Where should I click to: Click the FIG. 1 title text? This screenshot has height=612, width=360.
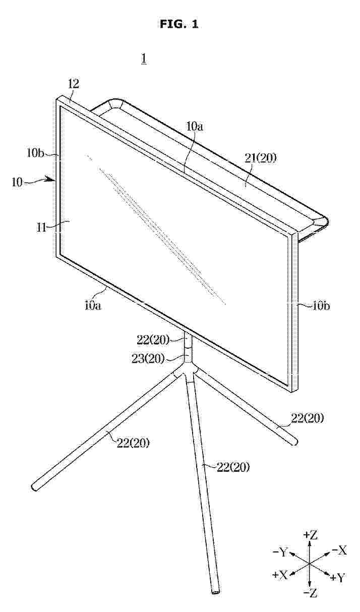[x=179, y=24]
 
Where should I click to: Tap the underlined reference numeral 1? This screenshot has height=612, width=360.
[x=144, y=59]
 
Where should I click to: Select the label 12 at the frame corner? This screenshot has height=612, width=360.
[x=74, y=84]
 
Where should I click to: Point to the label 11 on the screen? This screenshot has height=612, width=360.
[x=41, y=227]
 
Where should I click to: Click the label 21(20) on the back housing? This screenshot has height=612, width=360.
[x=260, y=158]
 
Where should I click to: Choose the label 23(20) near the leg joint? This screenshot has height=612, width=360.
[x=148, y=358]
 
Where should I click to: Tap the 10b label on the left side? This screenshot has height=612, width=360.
[x=35, y=153]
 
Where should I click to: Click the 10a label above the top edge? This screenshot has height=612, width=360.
[x=194, y=127]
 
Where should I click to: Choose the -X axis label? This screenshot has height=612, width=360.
[x=339, y=550]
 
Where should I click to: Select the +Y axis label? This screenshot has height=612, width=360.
[x=338, y=577]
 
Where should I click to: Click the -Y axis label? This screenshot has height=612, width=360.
[x=280, y=552]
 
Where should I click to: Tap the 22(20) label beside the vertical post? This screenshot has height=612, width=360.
[x=153, y=340]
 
